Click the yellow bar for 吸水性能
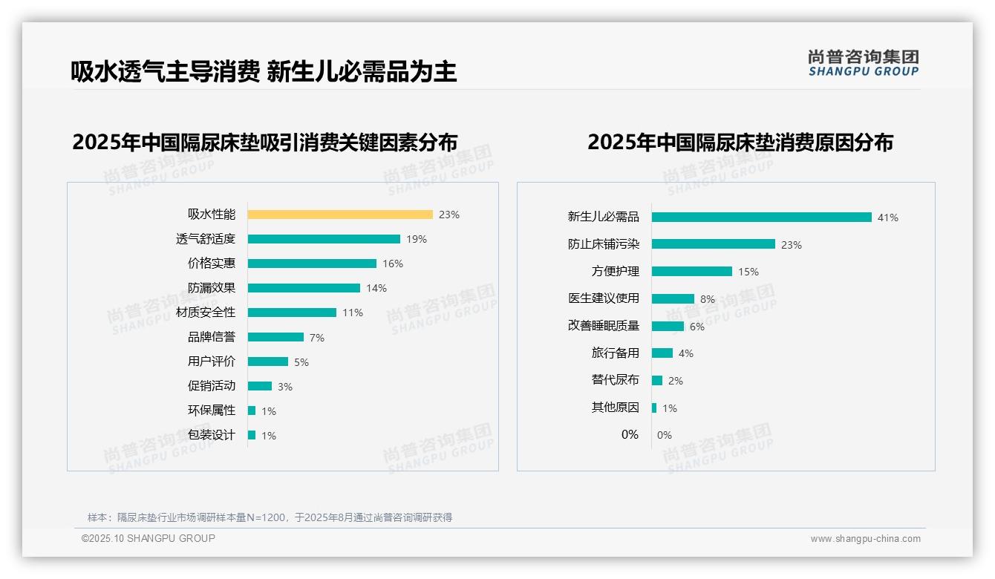(x=340, y=215)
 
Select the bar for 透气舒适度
(x=324, y=239)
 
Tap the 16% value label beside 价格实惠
(x=393, y=264)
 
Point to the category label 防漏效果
(x=212, y=288)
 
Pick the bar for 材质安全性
(x=292, y=313)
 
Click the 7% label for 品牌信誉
(x=317, y=338)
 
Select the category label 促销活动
(x=212, y=386)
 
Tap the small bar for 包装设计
(x=252, y=435)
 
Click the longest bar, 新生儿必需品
(x=761, y=217)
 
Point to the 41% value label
(x=888, y=217)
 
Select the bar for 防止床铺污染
(x=713, y=244)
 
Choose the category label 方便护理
(x=616, y=272)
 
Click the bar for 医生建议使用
(x=673, y=298)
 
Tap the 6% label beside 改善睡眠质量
(x=697, y=327)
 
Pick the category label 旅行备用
(x=616, y=353)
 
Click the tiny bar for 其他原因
(x=654, y=408)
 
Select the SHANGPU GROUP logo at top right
(x=864, y=63)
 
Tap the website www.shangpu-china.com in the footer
(x=865, y=539)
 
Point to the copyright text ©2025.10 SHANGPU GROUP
(x=149, y=538)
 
